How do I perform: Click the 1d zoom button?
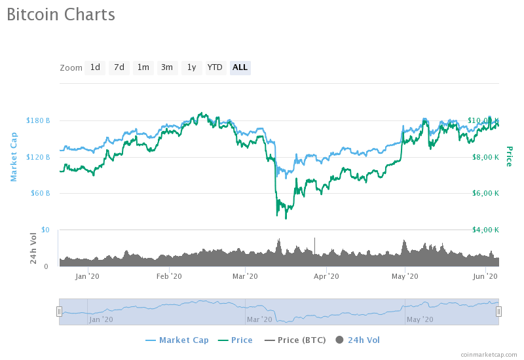(95, 67)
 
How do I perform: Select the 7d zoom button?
(119, 67)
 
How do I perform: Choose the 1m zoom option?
(143, 67)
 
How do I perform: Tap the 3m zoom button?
(167, 67)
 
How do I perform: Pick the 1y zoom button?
(191, 67)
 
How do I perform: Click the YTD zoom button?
(215, 67)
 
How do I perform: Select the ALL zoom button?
(240, 67)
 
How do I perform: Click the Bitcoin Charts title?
(61, 14)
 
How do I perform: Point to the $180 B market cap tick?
(38, 120)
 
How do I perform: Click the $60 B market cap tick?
(40, 193)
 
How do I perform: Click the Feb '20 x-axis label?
(170, 276)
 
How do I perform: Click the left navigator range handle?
(59, 312)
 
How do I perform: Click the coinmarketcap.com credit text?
(489, 354)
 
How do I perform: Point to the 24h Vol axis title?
(33, 249)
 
